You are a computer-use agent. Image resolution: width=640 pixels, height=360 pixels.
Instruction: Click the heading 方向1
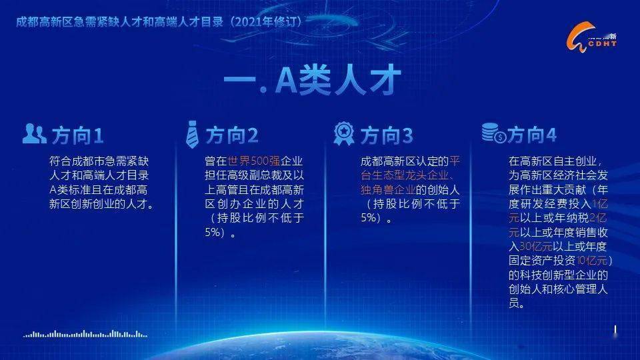pos(77,136)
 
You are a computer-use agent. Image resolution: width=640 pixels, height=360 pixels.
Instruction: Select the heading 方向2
pos(231,136)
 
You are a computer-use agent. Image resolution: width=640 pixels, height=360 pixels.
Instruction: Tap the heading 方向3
pos(387,136)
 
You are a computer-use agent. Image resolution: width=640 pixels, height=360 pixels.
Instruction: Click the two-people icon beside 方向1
pos(34,133)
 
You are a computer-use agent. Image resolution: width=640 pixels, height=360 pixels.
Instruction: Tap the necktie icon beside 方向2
pos(192,135)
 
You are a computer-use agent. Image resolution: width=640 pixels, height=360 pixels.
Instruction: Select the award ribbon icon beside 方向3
pos(344,134)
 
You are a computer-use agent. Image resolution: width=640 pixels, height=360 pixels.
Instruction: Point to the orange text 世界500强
pos(255,161)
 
